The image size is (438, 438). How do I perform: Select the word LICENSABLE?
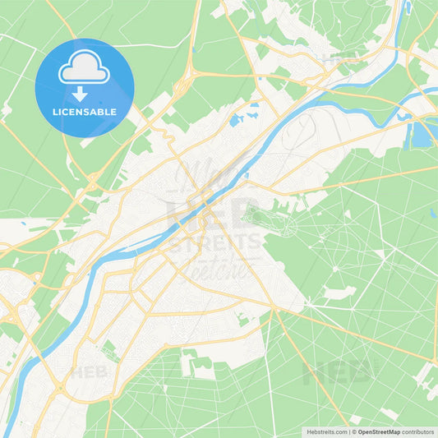[84, 112]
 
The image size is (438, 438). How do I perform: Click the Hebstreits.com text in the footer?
[326, 431]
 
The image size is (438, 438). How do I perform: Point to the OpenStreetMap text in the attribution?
[378, 431]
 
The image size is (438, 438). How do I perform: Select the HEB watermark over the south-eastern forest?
[339, 371]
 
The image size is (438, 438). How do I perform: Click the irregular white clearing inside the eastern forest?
[339, 292]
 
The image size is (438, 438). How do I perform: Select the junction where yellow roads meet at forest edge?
[271, 307]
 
